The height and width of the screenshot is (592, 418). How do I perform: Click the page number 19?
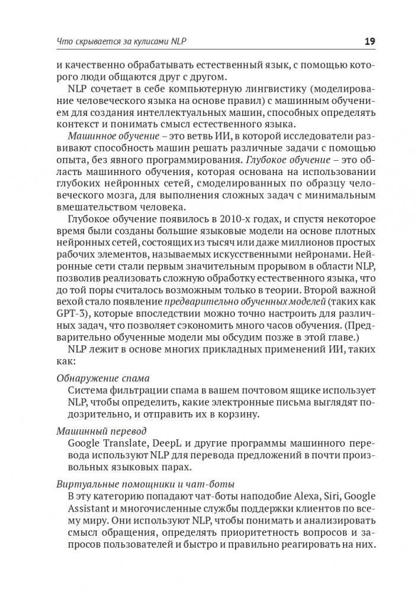click(x=368, y=41)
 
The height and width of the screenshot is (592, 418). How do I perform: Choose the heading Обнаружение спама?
click(x=102, y=378)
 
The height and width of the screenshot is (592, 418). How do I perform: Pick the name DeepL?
click(x=172, y=444)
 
